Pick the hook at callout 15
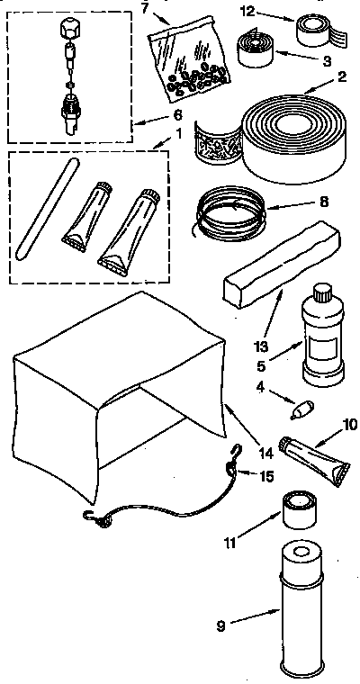point(237,457)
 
